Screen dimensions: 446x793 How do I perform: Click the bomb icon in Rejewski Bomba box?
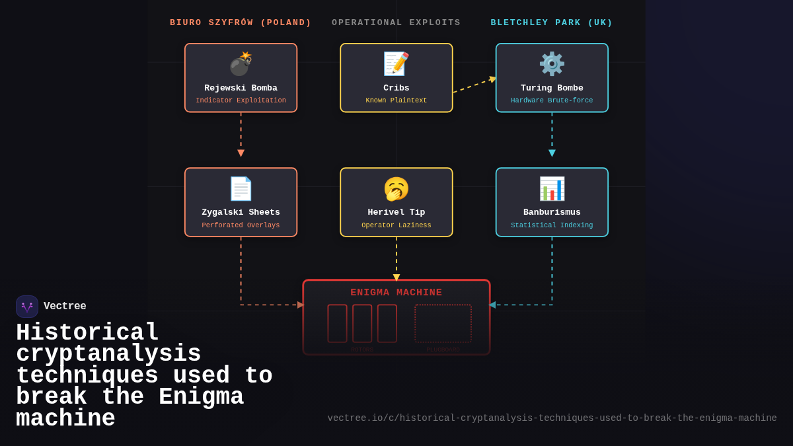[241, 64]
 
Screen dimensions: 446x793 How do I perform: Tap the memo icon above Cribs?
[397, 64]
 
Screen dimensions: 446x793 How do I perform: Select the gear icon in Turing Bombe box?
[552, 64]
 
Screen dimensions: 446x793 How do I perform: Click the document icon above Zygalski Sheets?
[241, 188]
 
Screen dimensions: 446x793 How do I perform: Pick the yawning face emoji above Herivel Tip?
[397, 189]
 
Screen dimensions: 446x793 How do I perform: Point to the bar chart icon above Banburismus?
[552, 188]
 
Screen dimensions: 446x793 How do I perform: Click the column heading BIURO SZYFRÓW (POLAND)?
[241, 22]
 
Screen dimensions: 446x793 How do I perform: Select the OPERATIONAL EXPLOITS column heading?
[397, 22]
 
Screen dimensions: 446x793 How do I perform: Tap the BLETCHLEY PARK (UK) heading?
[552, 22]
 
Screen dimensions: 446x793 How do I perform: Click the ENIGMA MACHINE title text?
[397, 293]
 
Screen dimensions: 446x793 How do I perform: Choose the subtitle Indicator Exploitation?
[241, 101]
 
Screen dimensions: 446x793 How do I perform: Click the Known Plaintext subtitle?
[397, 101]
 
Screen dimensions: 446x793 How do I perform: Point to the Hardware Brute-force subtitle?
[552, 101]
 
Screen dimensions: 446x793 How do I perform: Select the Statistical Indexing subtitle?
[552, 225]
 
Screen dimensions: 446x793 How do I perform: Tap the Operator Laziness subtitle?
[397, 225]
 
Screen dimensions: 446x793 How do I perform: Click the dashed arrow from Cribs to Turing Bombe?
[474, 86]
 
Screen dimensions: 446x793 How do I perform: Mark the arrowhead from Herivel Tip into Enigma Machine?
[397, 278]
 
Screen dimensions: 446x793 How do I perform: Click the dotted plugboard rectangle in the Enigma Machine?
[443, 323]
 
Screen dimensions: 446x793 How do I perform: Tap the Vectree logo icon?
[27, 307]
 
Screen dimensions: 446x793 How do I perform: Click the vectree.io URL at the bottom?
[552, 418]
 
